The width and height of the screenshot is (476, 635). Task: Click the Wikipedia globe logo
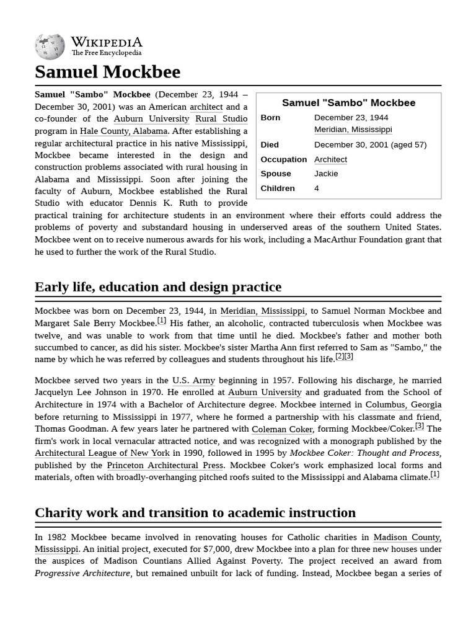point(50,47)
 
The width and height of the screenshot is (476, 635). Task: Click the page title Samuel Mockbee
point(107,72)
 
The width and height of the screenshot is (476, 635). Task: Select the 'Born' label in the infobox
point(270,118)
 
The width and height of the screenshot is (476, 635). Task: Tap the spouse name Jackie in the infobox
point(326,174)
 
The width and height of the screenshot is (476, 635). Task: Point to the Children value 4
point(317,189)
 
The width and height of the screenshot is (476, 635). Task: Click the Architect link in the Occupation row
point(330,159)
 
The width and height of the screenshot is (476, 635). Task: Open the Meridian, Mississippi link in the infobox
point(353,130)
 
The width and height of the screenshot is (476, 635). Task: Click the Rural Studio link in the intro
point(221,119)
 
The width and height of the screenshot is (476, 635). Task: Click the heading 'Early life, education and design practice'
point(158,287)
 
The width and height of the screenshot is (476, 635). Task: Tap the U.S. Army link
point(193,380)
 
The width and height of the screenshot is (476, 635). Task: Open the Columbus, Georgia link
point(403,404)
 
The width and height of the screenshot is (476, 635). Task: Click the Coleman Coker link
point(282,429)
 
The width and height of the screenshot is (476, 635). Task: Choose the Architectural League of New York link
point(102,453)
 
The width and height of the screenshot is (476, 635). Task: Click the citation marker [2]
point(340,357)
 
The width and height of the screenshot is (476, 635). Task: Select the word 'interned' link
point(335,404)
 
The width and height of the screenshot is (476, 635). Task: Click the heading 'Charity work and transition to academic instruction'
point(195,513)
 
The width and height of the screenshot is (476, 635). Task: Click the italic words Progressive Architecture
point(82,573)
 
